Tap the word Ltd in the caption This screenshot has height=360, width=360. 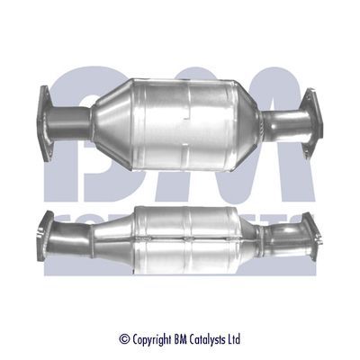[x=233, y=339]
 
